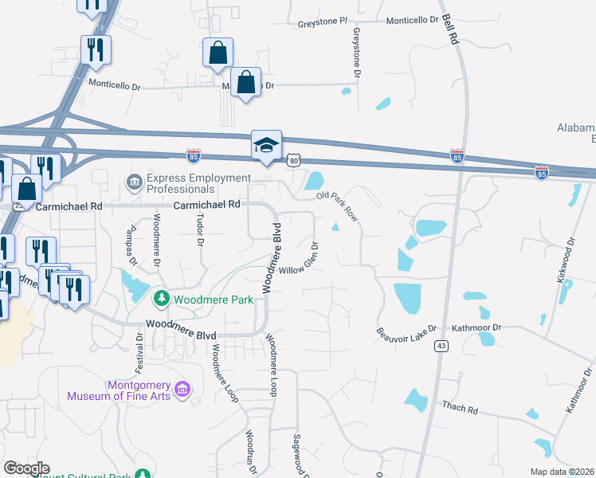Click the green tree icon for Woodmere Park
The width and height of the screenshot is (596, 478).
pyautogui.click(x=162, y=299)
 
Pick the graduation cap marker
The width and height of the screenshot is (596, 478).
pyautogui.click(x=267, y=145)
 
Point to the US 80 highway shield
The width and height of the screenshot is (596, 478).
pyautogui.click(x=294, y=161)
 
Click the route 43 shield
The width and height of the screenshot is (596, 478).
pyautogui.click(x=441, y=346)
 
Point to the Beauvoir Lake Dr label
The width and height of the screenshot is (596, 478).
pyautogui.click(x=407, y=329)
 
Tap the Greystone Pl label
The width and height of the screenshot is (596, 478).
pyautogui.click(x=323, y=22)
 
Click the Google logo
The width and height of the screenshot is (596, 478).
pyautogui.click(x=26, y=468)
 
